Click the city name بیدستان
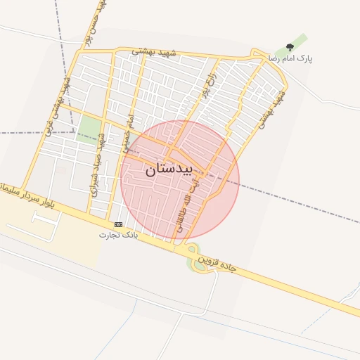pyautogui.click(x=176, y=170)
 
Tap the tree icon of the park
pyautogui.click(x=289, y=48)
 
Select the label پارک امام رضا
pyautogui.click(x=289, y=59)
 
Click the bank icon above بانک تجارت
pyautogui.click(x=118, y=224)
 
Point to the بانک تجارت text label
pyautogui.click(x=120, y=234)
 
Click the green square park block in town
pyautogui.click(x=89, y=127)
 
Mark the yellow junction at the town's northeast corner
pyautogui.click(x=255, y=53)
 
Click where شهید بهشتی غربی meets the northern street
pyautogui.click(x=73, y=51)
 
